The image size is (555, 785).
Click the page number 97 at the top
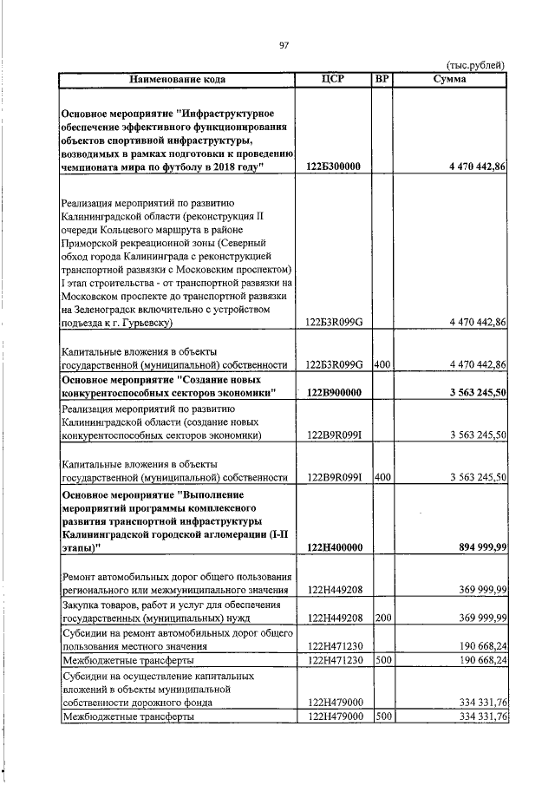pyautogui.click(x=283, y=46)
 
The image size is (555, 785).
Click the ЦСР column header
pyautogui.click(x=334, y=79)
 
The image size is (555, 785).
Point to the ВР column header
pyautogui.click(x=382, y=79)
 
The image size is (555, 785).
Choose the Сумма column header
pyautogui.click(x=449, y=79)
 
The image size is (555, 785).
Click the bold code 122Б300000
pyautogui.click(x=334, y=166)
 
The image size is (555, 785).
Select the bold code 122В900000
pyautogui.click(x=334, y=394)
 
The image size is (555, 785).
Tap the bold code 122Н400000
pyautogui.click(x=334, y=546)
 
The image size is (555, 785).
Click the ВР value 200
pyautogui.click(x=382, y=618)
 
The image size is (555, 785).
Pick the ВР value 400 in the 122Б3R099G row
pyautogui.click(x=382, y=364)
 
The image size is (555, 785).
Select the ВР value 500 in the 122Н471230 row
pyautogui.click(x=382, y=659)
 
